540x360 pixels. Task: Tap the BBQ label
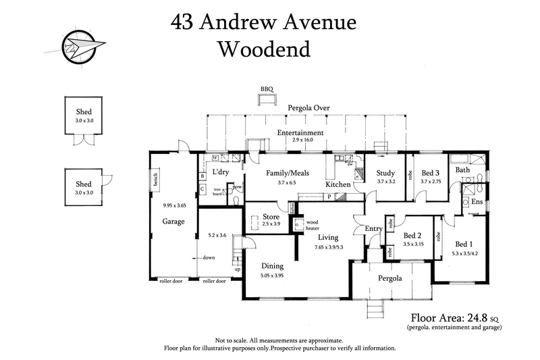click(268, 89)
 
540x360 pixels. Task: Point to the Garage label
click(173, 221)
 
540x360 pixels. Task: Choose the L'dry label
click(223, 172)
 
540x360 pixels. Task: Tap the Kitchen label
click(338, 184)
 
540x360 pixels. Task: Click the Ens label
click(477, 202)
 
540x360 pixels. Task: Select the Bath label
click(462, 170)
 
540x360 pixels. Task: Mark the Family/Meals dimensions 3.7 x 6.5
click(287, 182)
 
